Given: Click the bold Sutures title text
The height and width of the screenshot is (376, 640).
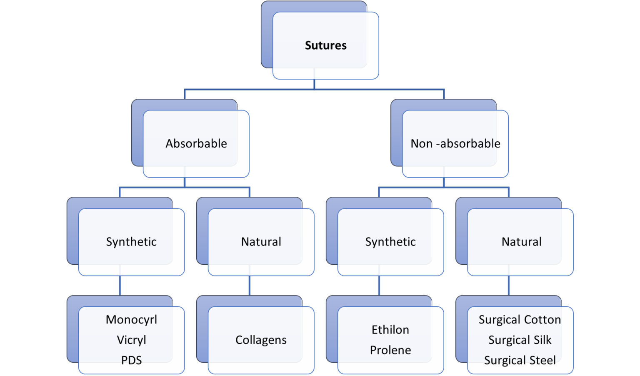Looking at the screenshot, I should click(325, 45).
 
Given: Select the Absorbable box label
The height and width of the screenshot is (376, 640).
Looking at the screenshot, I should click(196, 143).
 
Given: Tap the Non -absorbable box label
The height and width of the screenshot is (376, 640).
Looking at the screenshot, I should click(455, 143).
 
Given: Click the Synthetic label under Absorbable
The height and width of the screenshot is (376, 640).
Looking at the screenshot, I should click(131, 242).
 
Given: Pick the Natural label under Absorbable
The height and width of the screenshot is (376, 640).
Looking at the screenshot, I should click(261, 242).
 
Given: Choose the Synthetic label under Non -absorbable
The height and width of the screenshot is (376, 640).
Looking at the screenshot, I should click(390, 242).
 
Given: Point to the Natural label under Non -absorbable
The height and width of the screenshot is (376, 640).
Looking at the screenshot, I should click(521, 242).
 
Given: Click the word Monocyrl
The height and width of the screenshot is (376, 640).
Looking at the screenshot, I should click(131, 320).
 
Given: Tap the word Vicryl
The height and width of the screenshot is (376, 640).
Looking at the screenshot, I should click(131, 340).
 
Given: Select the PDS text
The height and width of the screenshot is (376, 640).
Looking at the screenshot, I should click(131, 360).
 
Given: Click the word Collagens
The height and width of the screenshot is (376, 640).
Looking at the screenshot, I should click(261, 340).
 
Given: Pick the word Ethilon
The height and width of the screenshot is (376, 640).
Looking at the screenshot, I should click(390, 330).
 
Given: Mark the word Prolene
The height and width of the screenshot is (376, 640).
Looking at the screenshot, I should click(390, 350).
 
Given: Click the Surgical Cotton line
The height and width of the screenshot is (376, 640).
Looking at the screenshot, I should click(520, 320).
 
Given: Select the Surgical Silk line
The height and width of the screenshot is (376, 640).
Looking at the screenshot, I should click(520, 340).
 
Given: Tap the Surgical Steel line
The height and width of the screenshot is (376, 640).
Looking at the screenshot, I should click(520, 360).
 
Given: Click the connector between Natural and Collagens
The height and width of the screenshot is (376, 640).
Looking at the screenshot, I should click(250, 286).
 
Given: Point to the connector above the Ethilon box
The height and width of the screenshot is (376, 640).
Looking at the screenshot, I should click(379, 286).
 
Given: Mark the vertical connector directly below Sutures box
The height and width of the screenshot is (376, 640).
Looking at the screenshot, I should click(314, 84).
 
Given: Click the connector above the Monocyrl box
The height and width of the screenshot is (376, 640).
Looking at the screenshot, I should click(120, 286).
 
